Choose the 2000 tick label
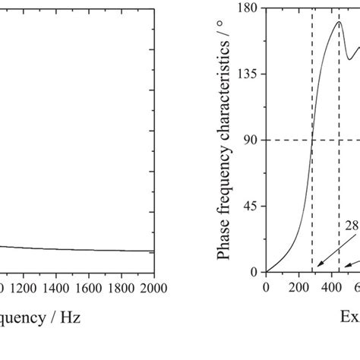point(153,288)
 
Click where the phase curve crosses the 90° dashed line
point(312,140)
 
